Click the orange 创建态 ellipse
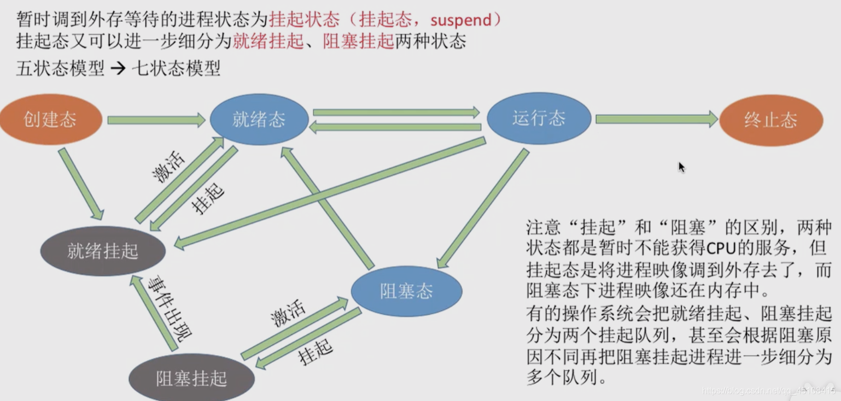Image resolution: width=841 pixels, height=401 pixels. coord(50,120)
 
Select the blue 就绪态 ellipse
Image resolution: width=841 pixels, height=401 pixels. coord(259,120)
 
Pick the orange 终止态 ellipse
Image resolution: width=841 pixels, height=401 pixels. coord(770,120)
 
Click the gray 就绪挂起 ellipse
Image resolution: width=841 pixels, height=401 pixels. coord(103,251)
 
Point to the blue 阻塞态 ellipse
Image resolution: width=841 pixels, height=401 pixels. coord(406,291)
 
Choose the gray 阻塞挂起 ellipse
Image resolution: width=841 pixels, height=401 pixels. coord(191,379)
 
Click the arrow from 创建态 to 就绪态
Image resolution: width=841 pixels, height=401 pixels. coord(156,120)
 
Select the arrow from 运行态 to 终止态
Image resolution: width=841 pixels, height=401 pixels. coord(656,119)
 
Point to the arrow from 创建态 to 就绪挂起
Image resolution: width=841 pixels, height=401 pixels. coord(80,183)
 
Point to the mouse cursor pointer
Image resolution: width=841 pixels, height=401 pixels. coord(681,167)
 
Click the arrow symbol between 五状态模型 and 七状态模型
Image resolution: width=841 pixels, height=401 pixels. coord(118,69)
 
